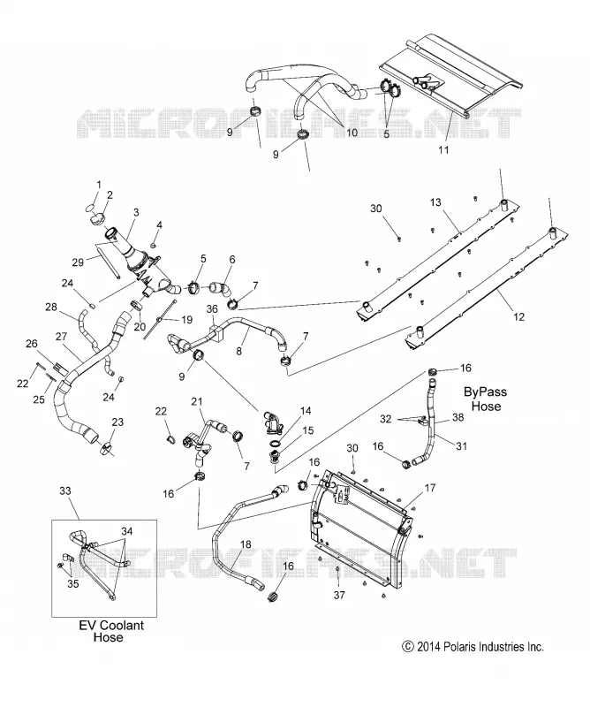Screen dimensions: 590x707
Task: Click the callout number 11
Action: point(443,149)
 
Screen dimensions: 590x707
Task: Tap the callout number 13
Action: point(435,202)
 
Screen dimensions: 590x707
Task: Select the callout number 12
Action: point(519,316)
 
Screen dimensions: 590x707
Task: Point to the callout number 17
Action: point(430,488)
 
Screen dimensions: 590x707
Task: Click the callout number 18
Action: point(246,544)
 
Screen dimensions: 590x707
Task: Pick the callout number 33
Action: point(65,490)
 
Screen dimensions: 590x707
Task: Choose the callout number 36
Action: point(212,308)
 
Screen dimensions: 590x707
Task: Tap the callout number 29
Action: point(78,262)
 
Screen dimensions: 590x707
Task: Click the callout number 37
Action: point(339,595)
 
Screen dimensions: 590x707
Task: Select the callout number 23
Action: point(117,422)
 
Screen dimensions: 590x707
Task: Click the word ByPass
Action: point(485,392)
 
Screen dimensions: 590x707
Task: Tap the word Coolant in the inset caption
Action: point(121,626)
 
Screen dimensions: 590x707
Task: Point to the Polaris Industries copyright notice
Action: point(473,647)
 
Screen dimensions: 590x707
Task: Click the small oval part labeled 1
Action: point(91,207)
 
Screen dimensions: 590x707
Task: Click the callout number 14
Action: point(306,411)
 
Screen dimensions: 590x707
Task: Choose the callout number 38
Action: point(458,417)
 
